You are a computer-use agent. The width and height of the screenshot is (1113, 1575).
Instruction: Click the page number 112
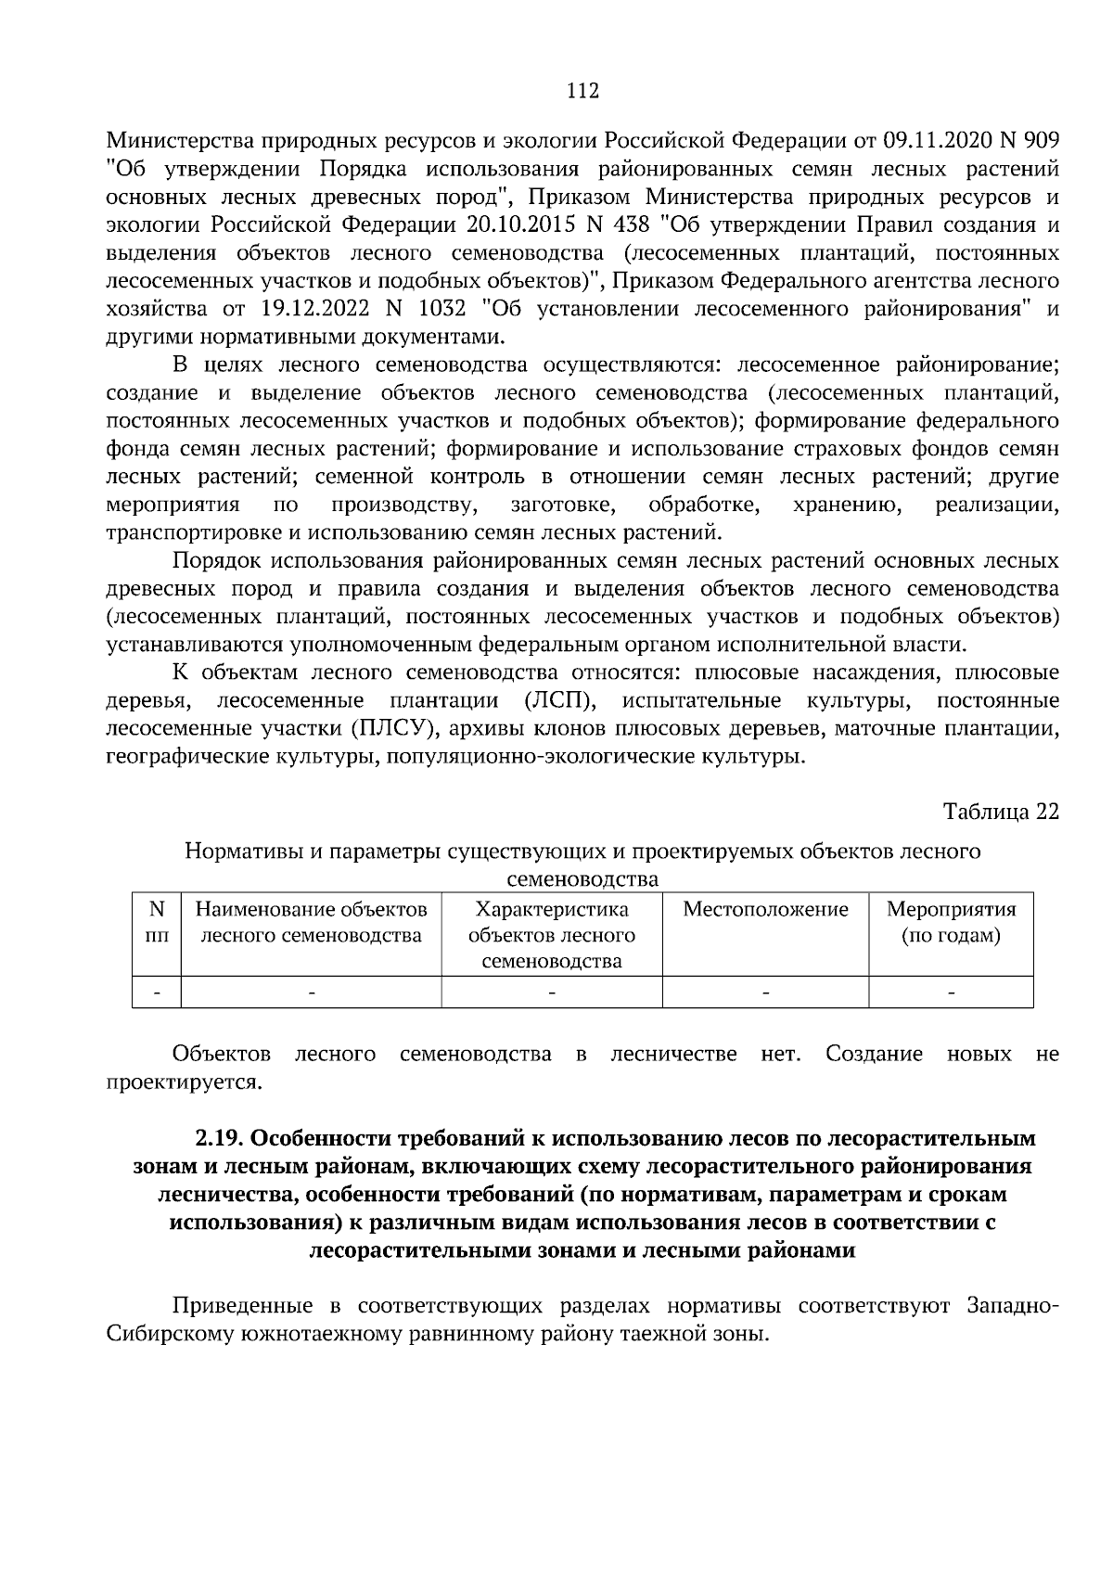[582, 90]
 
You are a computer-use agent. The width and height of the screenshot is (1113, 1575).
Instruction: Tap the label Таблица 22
[1001, 812]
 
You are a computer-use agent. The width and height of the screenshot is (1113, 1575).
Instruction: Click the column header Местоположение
[765, 909]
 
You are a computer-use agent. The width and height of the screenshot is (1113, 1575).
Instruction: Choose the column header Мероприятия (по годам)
[951, 922]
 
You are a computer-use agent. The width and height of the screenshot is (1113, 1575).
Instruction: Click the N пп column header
[156, 922]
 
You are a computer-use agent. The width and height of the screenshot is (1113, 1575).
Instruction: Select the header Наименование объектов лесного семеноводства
[311, 922]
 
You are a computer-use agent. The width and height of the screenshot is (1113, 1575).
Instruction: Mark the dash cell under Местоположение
[765, 992]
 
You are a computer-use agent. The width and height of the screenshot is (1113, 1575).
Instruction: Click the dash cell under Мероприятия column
[951, 992]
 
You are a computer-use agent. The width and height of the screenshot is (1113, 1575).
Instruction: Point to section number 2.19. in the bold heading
[218, 1138]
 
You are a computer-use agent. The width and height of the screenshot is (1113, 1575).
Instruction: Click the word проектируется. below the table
[185, 1082]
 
